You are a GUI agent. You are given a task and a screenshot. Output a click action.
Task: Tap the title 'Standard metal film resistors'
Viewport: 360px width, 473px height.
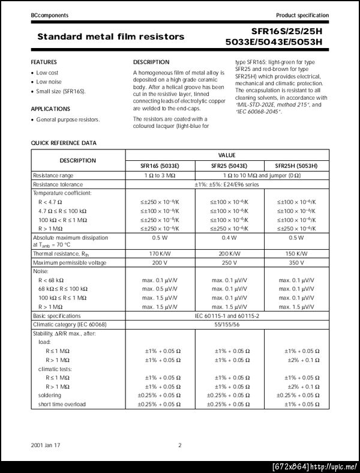(111, 37)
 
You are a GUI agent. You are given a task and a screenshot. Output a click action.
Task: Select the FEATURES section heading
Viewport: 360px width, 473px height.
(44, 62)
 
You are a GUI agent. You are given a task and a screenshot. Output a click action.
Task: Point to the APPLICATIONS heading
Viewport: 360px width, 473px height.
(50, 109)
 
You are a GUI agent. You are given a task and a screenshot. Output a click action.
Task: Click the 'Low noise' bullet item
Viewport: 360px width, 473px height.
(49, 82)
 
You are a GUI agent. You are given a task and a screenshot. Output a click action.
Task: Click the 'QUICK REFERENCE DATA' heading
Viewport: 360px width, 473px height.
(64, 143)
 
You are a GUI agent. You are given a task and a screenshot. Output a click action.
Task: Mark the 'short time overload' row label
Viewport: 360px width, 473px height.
(62, 404)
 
